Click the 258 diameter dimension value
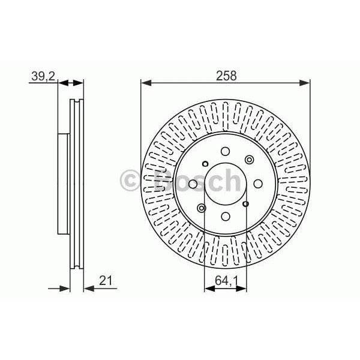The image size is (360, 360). click(x=226, y=76)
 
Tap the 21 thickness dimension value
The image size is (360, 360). click(x=107, y=279)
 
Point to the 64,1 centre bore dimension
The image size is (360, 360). click(x=226, y=279)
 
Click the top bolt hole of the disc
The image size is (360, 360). click(x=225, y=152)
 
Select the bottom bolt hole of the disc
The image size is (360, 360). click(x=225, y=217)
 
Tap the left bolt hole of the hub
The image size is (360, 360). click(x=193, y=184)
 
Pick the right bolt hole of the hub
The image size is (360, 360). click(x=258, y=184)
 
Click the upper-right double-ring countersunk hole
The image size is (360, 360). click(x=249, y=160)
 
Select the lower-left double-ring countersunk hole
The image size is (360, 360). click(x=201, y=208)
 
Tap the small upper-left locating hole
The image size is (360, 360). click(x=205, y=164)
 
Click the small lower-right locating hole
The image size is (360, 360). click(x=245, y=204)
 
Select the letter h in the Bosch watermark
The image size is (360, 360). click(x=230, y=179)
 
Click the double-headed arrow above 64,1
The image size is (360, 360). click(x=226, y=289)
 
